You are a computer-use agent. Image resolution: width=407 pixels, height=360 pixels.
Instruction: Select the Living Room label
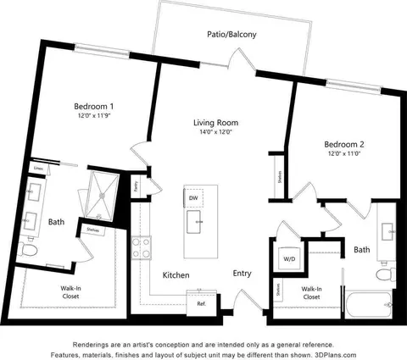click(215, 123)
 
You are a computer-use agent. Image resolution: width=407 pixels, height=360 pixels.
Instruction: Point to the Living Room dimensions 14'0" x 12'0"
click(215, 133)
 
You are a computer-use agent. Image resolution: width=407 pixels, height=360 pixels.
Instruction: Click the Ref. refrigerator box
click(202, 302)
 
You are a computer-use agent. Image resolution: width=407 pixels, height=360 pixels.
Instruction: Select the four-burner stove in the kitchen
click(142, 247)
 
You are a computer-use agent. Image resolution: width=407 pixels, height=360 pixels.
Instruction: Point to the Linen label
click(38, 168)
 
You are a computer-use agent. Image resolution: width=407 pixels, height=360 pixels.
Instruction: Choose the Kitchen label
click(176, 275)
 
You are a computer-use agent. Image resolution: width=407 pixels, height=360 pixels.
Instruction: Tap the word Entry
click(242, 274)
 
